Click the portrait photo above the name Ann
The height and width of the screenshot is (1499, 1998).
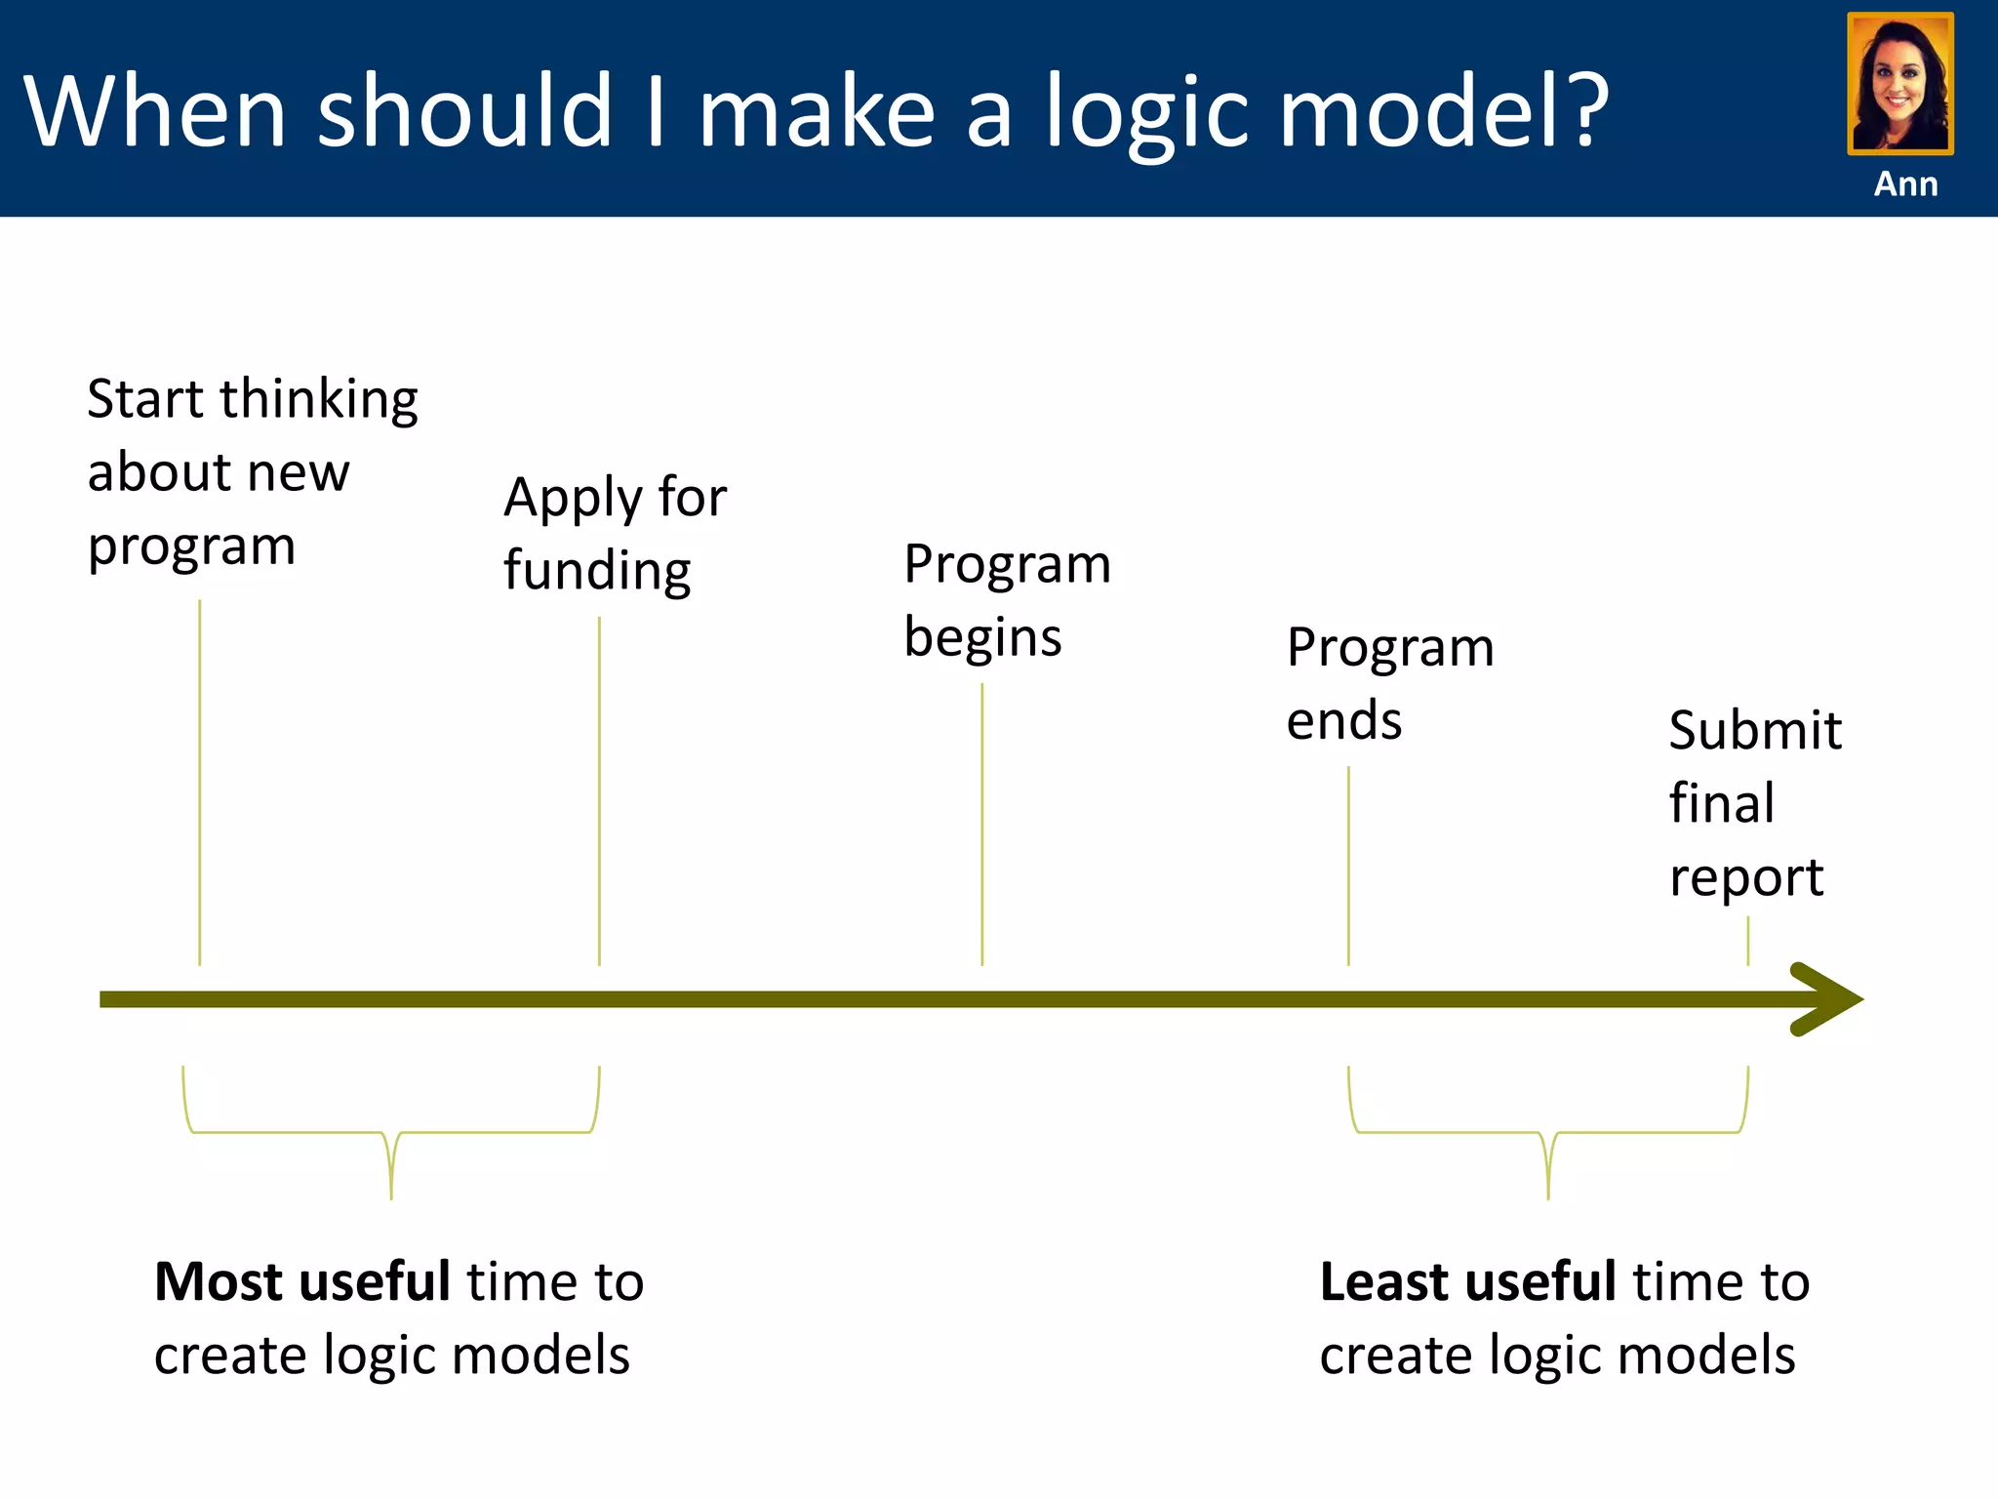[x=1899, y=83]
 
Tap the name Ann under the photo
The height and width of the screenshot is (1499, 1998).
[x=1905, y=183]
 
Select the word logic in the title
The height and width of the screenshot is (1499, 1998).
[x=1146, y=115]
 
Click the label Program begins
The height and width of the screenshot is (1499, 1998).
[x=1007, y=599]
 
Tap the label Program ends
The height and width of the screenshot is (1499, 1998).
[x=1389, y=683]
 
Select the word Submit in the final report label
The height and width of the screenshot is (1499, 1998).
[x=1754, y=730]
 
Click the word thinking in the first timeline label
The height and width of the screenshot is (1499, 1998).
[x=319, y=399]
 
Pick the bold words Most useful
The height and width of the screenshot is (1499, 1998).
[x=302, y=1281]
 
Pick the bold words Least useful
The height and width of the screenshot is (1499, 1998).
[x=1468, y=1281]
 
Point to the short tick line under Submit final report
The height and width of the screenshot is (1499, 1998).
[x=1747, y=942]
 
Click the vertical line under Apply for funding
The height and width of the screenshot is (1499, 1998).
[x=599, y=790]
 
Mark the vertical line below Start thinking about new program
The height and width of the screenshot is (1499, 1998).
[x=200, y=781]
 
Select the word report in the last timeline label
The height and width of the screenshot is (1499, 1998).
[x=1745, y=877]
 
